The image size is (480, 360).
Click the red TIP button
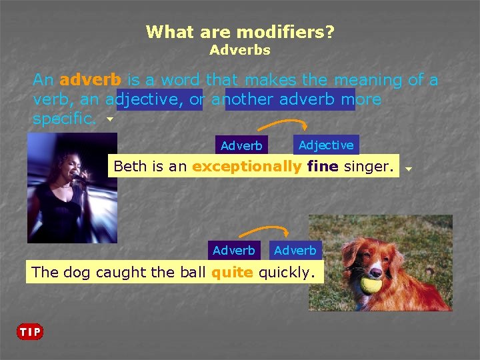30,331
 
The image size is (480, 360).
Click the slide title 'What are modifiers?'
240,31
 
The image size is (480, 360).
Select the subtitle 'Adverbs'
240,50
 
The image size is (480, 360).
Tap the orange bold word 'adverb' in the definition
90,80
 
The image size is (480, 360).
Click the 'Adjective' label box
326,145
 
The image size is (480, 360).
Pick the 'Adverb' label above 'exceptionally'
241,145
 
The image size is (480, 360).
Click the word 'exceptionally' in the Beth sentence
247,167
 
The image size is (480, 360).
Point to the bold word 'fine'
323,167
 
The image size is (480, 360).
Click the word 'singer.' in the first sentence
369,167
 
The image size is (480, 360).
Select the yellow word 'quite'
233,272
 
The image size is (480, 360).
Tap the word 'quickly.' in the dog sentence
286,272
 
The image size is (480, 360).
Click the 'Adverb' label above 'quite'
234,251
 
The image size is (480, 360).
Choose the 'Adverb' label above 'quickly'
295,251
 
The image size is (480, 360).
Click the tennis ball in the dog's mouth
369,285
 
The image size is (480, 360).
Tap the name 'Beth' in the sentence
130,167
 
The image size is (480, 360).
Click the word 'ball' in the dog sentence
194,272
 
